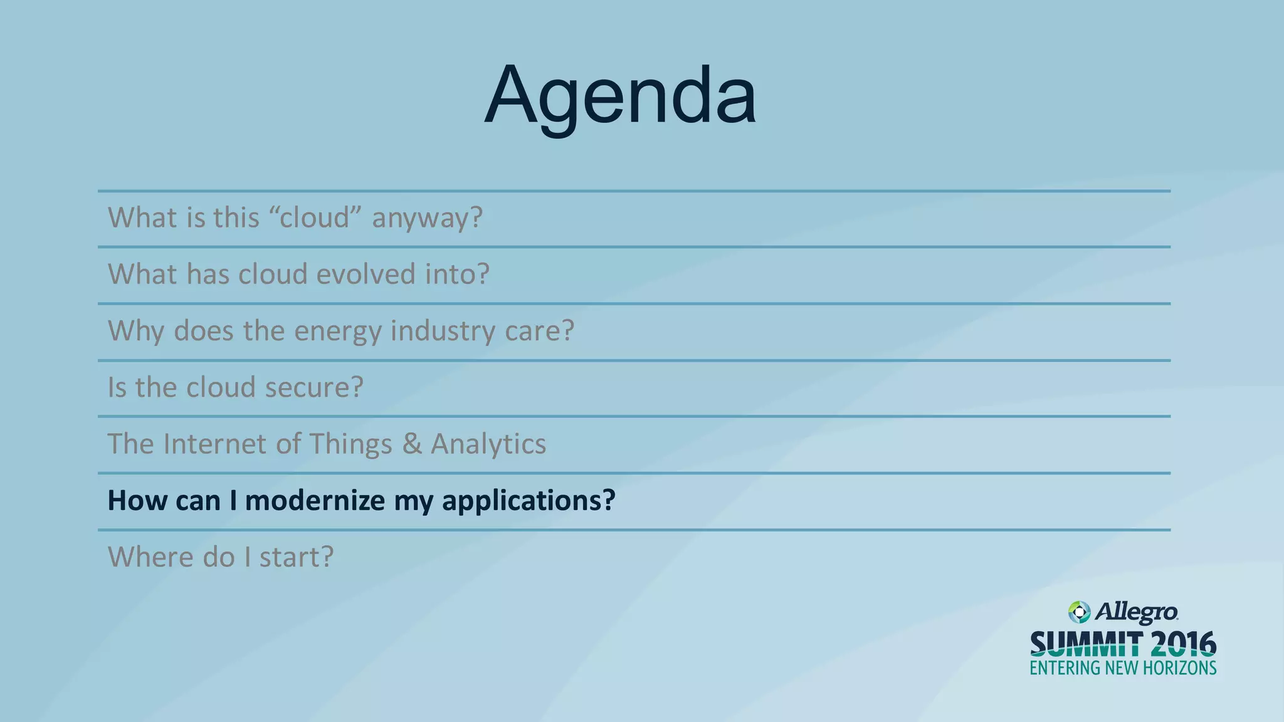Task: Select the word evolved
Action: click(366, 274)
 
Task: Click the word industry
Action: click(443, 331)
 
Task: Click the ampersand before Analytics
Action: click(412, 444)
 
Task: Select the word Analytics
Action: click(488, 444)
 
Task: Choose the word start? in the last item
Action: click(297, 557)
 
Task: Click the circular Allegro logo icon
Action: click(1079, 612)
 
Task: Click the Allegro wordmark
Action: click(1136, 612)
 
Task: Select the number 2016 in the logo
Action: click(1183, 644)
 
